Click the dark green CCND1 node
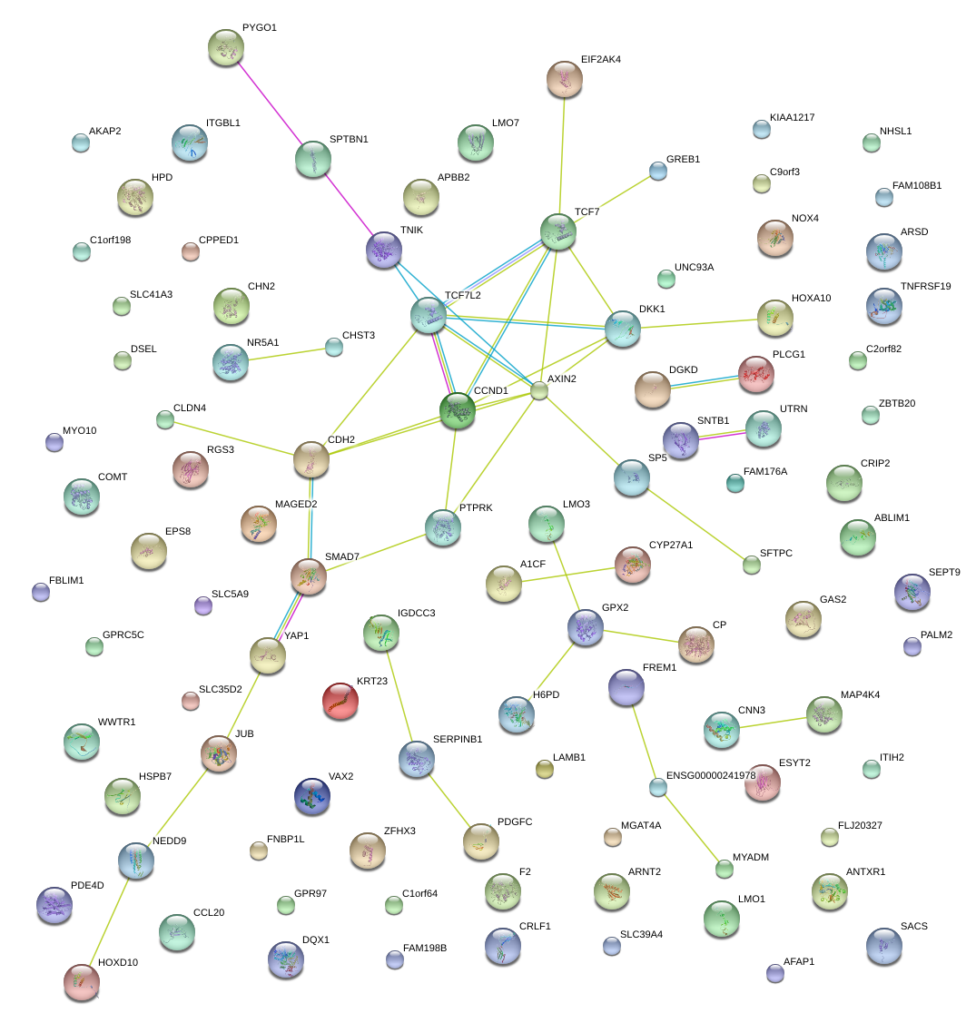click(458, 410)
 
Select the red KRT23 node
click(340, 700)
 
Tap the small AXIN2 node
click(539, 391)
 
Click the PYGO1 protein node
click(225, 47)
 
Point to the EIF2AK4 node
click(565, 80)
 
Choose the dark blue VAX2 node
click(311, 795)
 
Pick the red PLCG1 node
click(756, 373)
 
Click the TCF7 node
click(557, 232)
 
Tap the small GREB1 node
click(658, 170)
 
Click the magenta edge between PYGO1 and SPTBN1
click(270, 103)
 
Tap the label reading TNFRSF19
click(925, 287)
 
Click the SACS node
click(884, 945)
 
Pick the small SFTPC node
click(752, 565)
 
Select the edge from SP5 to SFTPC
click(692, 521)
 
